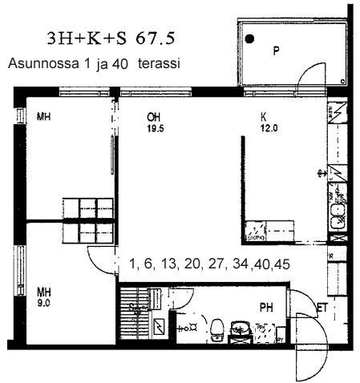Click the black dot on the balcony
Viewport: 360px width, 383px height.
(249, 39)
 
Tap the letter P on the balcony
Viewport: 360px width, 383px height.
(276, 50)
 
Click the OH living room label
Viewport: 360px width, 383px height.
(153, 117)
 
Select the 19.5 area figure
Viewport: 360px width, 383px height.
(156, 129)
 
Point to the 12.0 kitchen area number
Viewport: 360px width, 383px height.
(269, 128)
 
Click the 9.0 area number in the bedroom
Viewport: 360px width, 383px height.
(43, 304)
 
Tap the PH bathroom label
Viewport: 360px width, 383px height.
(266, 308)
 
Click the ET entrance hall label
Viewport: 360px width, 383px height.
(322, 308)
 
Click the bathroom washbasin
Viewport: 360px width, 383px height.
(241, 328)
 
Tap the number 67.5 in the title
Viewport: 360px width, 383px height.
(156, 38)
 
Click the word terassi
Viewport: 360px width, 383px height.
(159, 63)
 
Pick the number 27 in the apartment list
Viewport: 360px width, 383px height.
(216, 264)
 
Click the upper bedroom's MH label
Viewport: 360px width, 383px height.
(43, 117)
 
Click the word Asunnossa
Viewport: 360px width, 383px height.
(43, 63)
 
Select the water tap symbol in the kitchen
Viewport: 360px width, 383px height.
(322, 174)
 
